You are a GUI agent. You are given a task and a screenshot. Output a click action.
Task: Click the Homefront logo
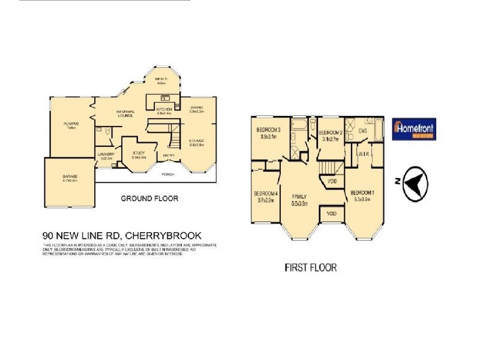[414, 129]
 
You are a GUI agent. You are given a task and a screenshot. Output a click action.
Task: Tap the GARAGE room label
[70, 176]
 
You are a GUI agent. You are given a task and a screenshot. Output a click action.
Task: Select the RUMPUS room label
[71, 124]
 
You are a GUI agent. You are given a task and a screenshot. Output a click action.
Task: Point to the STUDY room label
[139, 153]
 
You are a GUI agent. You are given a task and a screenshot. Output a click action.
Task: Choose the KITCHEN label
[164, 109]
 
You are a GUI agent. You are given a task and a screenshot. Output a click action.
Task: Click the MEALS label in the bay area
[161, 79]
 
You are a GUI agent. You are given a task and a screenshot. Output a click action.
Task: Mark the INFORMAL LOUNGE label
[125, 113]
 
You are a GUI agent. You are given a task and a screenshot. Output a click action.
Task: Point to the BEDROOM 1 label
[364, 192]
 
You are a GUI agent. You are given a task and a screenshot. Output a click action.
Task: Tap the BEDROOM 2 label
[330, 133]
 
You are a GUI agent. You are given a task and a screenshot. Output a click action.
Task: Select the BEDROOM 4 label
[266, 194]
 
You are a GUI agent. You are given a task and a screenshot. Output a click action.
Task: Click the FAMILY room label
[299, 197]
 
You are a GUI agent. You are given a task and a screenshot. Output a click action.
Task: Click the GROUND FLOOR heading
[149, 199]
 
